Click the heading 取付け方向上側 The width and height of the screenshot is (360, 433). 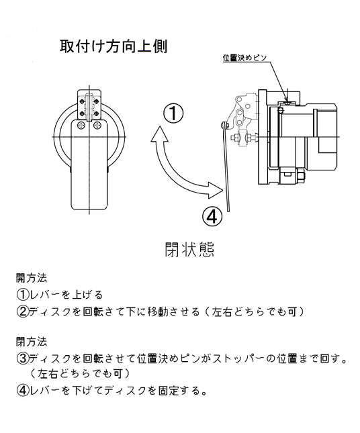click(114, 46)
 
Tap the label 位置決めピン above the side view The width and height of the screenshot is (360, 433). click(244, 58)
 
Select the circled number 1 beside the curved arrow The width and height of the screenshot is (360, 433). click(173, 113)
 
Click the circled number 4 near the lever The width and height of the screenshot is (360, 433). click(212, 217)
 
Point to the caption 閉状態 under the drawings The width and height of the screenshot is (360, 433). click(189, 249)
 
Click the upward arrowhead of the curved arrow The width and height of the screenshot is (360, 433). click(159, 134)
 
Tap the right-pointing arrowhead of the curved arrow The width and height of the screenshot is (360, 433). click(215, 190)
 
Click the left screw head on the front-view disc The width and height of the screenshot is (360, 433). click(82, 126)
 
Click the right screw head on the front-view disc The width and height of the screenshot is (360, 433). click(97, 126)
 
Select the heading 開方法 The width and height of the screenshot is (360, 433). click(32, 278)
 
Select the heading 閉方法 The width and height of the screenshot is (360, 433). click(32, 342)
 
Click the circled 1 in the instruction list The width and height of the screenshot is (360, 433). click(22, 295)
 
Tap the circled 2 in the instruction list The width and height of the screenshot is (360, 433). click(22, 311)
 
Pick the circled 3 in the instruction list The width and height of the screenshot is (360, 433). click(22, 358)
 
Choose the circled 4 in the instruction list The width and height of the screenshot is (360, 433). click(22, 390)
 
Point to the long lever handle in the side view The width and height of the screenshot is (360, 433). click(226, 168)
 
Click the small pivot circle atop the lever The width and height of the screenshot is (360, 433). click(224, 125)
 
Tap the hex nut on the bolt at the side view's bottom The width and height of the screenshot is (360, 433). click(300, 177)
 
